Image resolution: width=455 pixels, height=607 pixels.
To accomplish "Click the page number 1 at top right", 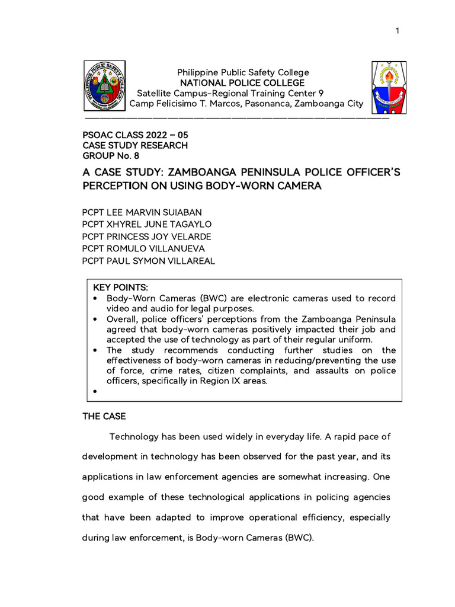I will point(398,31).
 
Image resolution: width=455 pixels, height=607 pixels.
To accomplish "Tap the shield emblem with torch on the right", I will point(389,87).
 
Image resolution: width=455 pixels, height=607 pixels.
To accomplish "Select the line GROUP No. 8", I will point(111,156).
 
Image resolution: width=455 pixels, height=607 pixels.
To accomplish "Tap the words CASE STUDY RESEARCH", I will point(134,145).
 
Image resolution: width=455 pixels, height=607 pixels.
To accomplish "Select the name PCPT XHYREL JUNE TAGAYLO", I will point(146,224).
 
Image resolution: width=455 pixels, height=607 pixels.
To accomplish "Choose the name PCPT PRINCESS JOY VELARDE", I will point(146,237).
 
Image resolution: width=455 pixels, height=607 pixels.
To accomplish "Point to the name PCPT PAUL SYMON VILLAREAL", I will point(148,261).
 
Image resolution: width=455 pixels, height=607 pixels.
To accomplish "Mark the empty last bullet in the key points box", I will point(95,392).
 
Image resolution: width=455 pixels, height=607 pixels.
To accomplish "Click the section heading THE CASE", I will point(104,417).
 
